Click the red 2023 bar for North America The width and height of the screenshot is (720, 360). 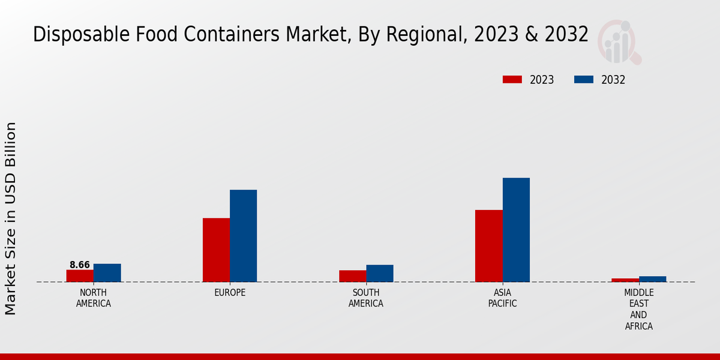point(80,276)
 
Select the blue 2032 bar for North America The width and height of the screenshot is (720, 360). point(107,273)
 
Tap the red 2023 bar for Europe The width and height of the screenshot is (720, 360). point(216,250)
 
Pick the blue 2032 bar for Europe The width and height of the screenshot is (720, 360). point(243,236)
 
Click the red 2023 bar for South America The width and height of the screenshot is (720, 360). point(352,276)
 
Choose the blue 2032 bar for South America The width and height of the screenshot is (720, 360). point(380,274)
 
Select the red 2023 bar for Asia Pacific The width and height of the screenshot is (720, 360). point(488,246)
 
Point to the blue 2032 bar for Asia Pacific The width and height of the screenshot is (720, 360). point(516,230)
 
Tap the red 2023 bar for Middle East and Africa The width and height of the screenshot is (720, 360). point(625,280)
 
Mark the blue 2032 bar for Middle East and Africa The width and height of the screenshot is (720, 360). point(652,279)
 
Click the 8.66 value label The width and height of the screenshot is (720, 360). point(80,265)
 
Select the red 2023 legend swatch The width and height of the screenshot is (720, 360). point(512,80)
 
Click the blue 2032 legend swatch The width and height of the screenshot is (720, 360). point(584,80)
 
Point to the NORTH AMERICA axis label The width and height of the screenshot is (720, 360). point(94,298)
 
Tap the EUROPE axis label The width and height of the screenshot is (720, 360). point(230,293)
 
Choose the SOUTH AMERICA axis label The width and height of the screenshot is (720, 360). point(366,298)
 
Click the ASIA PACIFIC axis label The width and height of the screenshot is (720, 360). point(502,298)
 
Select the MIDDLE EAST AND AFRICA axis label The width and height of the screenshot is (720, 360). point(638,309)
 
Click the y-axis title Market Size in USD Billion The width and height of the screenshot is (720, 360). point(11,218)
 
